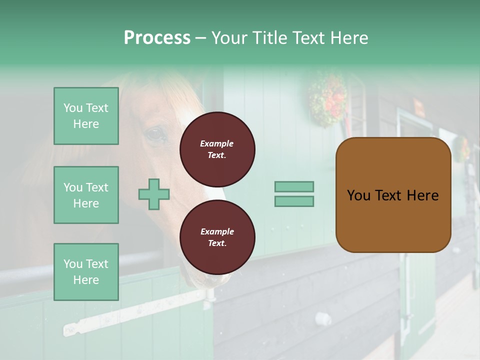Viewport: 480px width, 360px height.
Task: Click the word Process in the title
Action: click(x=157, y=38)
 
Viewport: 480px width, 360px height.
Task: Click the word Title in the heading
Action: click(x=269, y=38)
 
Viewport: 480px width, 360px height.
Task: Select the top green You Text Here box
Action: click(x=86, y=116)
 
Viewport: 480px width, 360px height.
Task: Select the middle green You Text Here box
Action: click(x=86, y=195)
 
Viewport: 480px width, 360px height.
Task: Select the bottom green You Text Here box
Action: click(x=86, y=271)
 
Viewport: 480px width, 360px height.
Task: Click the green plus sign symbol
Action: click(x=154, y=194)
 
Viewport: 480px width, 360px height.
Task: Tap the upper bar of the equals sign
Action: click(x=294, y=186)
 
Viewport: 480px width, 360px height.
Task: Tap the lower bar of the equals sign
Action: click(x=294, y=201)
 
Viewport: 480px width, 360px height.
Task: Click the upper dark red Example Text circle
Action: click(x=217, y=149)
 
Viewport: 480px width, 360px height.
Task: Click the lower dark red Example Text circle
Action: click(x=217, y=237)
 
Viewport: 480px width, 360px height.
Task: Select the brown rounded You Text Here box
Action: click(x=393, y=195)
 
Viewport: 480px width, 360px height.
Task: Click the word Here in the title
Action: click(x=350, y=38)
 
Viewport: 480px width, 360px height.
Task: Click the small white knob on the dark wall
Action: click(x=322, y=318)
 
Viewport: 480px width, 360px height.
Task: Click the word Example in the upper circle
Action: click(x=217, y=143)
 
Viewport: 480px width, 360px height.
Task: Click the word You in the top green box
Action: click(x=73, y=108)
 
